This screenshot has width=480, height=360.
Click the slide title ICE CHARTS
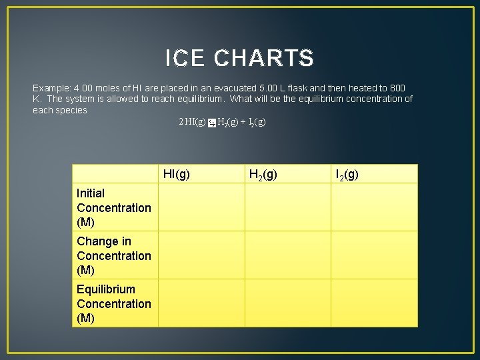tap(239, 59)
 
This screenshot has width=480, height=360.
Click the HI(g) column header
tap(177, 175)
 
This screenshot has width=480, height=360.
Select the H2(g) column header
tap(263, 175)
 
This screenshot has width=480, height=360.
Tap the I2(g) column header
tap(347, 175)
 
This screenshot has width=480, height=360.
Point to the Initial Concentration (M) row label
tap(114, 207)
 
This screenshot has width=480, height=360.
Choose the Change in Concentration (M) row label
tap(114, 255)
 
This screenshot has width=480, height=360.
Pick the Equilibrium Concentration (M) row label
tap(114, 303)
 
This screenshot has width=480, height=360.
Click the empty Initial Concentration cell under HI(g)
tap(201, 207)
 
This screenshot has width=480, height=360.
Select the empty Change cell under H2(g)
tap(287, 255)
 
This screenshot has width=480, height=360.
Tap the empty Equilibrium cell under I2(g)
tap(374, 303)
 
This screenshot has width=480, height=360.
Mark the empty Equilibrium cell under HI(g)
tap(201, 303)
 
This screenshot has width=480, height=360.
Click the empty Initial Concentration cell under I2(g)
tap(374, 207)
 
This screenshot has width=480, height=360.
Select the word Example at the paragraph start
tap(51, 88)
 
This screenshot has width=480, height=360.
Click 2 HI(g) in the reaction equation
tap(192, 122)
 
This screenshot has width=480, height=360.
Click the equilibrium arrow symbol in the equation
tap(211, 123)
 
